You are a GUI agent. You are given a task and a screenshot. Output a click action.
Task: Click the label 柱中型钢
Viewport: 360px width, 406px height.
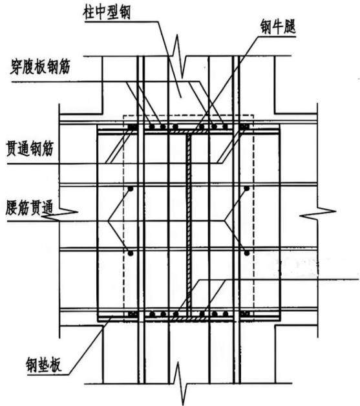107,12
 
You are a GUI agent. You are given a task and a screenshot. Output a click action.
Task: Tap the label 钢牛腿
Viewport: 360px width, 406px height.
278,27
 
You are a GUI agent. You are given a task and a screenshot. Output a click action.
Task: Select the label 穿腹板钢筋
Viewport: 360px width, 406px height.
40,67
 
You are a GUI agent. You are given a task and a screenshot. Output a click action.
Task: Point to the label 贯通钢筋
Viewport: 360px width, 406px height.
30,149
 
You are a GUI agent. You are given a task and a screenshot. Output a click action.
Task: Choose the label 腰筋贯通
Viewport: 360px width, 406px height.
29,208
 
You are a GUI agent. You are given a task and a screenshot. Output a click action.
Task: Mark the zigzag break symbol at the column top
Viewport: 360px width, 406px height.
180,56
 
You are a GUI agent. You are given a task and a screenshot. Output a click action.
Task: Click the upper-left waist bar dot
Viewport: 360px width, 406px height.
131,189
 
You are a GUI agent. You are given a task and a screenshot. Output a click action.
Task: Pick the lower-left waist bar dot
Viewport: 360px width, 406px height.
131,253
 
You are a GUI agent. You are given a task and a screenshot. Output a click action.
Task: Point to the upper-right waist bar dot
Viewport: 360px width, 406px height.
247,188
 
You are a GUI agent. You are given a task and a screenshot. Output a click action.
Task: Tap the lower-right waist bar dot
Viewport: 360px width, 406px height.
247,252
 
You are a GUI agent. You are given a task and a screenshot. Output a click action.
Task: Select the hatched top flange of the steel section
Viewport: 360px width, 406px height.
188,132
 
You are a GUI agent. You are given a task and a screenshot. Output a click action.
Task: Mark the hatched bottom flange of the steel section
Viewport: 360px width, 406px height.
188,318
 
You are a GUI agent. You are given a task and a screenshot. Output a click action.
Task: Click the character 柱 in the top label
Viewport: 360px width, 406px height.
89,12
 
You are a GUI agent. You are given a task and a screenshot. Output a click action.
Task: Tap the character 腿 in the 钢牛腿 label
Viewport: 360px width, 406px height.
290,27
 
